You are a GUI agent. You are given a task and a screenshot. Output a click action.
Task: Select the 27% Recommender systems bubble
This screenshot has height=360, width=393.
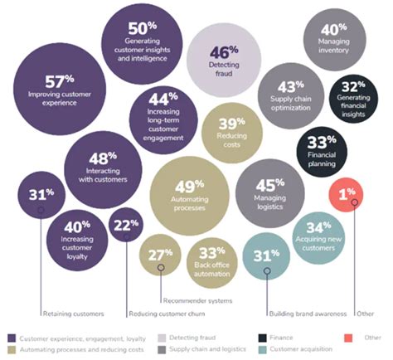coord(160,256)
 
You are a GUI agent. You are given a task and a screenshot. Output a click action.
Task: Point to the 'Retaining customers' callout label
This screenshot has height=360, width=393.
coord(72,314)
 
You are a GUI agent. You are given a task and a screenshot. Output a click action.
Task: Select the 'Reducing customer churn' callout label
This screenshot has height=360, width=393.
coord(163,314)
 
